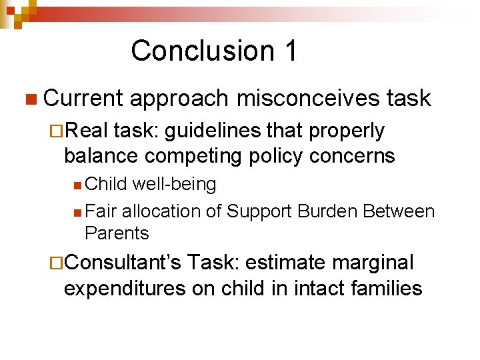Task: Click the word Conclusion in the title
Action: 193,51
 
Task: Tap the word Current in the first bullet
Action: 83,98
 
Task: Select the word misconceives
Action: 307,98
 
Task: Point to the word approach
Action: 179,98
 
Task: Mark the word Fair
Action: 100,212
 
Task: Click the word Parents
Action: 117,233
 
